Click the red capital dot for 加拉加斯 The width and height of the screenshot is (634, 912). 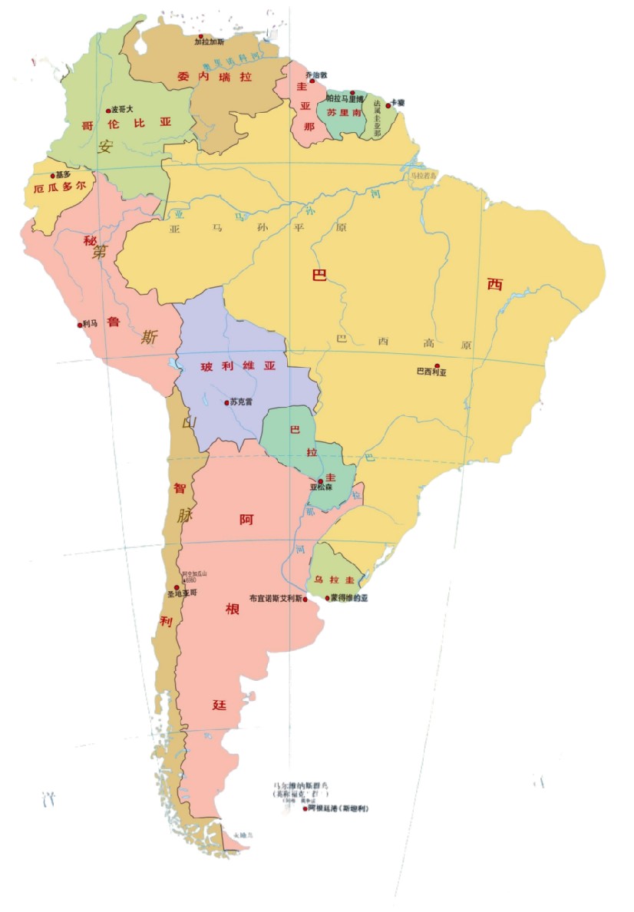[x=201, y=36]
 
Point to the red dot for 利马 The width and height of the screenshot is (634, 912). [x=79, y=325]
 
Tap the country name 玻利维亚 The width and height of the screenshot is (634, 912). [x=238, y=366]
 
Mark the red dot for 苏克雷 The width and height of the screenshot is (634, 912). [x=227, y=402]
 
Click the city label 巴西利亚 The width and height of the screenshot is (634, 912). [x=431, y=372]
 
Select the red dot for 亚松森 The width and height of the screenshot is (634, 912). [x=320, y=481]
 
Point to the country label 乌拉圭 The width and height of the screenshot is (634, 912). [x=334, y=579]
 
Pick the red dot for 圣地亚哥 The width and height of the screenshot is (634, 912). [x=177, y=587]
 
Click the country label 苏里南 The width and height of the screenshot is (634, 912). [x=343, y=111]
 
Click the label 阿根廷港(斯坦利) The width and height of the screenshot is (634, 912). [x=338, y=808]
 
